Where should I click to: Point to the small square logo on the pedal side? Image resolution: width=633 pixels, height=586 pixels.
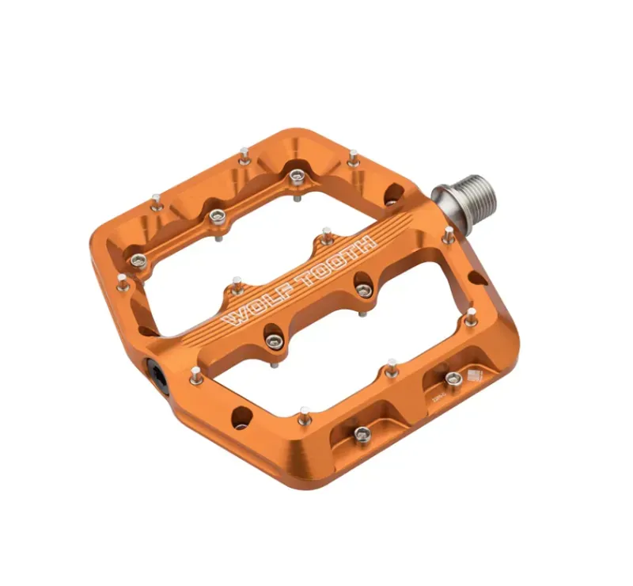[x=475, y=376]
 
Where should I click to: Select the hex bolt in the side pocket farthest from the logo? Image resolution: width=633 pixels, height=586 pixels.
[x=361, y=432]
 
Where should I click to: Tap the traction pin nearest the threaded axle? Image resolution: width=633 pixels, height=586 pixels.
[x=448, y=234]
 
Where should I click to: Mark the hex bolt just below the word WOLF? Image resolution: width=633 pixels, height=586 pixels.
[x=273, y=341]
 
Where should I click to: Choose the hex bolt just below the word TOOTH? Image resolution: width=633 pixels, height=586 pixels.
[x=362, y=290]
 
